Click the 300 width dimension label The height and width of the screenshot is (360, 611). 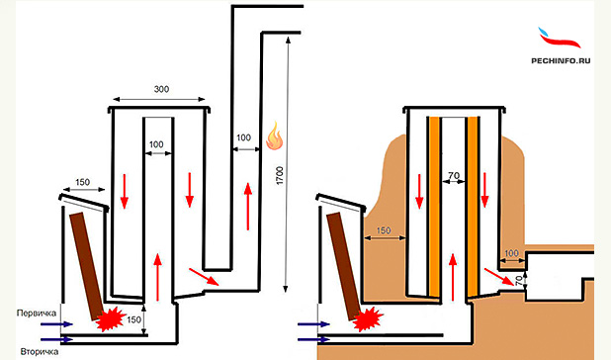click(x=161, y=89)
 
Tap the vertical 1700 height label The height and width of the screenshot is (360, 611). click(x=280, y=175)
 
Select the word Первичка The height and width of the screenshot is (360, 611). click(x=37, y=313)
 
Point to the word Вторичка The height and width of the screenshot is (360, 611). click(x=40, y=351)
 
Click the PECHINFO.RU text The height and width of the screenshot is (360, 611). click(x=561, y=60)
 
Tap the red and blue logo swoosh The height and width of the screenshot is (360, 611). click(x=560, y=38)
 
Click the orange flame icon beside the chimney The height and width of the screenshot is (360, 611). click(x=274, y=135)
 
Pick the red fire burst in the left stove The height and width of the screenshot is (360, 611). click(x=111, y=318)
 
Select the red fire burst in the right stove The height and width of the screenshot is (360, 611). click(x=368, y=318)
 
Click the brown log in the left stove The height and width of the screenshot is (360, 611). click(x=86, y=266)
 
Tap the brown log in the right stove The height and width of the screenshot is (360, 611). click(x=343, y=266)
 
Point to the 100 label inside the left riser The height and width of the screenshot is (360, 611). click(x=156, y=144)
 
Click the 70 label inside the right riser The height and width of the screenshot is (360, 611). click(x=454, y=176)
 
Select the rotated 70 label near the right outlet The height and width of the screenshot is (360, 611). click(x=519, y=281)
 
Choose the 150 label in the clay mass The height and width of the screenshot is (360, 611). click(x=384, y=230)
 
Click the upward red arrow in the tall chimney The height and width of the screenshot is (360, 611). click(x=248, y=207)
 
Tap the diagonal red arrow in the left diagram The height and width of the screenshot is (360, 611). click(x=204, y=277)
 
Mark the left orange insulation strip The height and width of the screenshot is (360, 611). click(x=434, y=206)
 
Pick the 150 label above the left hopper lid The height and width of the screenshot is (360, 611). click(x=82, y=182)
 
